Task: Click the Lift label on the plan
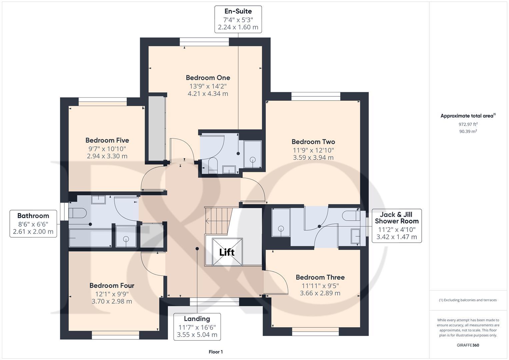click(227, 252)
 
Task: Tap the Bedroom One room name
click(208, 78)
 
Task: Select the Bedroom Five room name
click(107, 140)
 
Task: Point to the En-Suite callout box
click(238, 19)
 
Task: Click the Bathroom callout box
click(33, 224)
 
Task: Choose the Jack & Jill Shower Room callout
click(397, 226)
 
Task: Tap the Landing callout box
click(197, 327)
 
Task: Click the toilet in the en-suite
click(212, 165)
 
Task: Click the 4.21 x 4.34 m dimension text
click(208, 94)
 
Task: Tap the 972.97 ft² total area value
click(468, 124)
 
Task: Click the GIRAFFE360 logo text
click(468, 345)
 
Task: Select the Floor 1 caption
click(216, 352)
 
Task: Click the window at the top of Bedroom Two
click(316, 96)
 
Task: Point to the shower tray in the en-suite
click(253, 154)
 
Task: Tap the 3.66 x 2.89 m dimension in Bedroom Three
click(320, 293)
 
